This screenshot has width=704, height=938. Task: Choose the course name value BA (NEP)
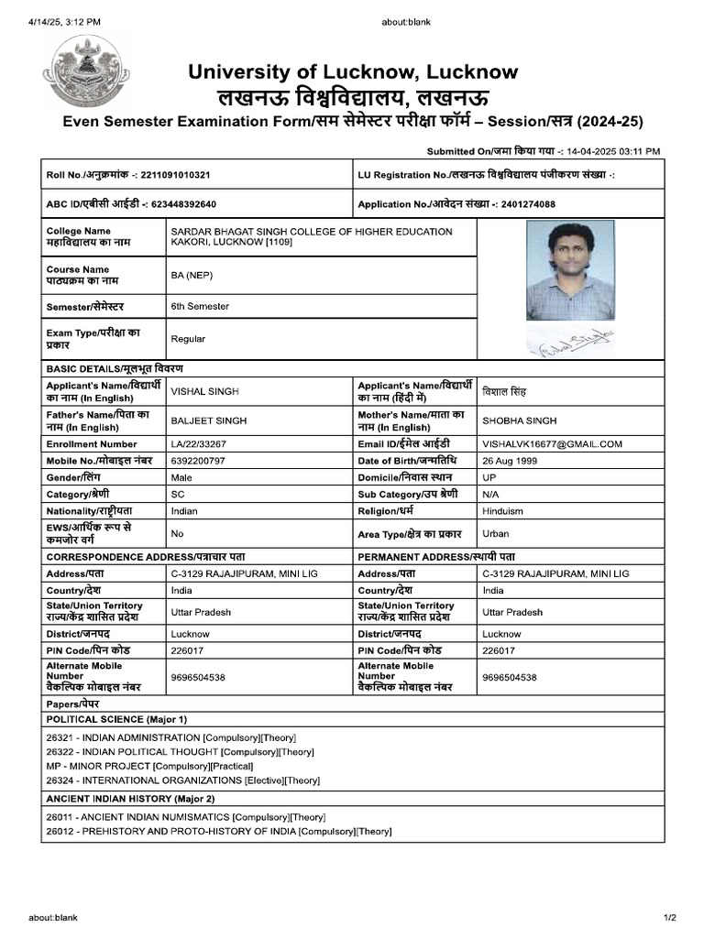coord(192,275)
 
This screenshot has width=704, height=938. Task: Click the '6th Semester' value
coord(200,306)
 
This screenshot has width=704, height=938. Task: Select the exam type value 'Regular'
coord(188,339)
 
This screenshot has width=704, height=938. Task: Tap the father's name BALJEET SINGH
coord(208,420)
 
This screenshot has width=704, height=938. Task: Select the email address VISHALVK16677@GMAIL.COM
coord(552,443)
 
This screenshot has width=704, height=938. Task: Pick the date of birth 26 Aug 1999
coord(511,460)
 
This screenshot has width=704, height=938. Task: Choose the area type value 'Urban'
coord(496,533)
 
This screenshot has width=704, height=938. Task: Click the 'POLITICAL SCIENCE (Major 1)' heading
coord(116,719)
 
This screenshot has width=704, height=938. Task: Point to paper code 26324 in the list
coord(61,780)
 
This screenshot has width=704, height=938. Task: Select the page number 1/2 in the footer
coord(668,917)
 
